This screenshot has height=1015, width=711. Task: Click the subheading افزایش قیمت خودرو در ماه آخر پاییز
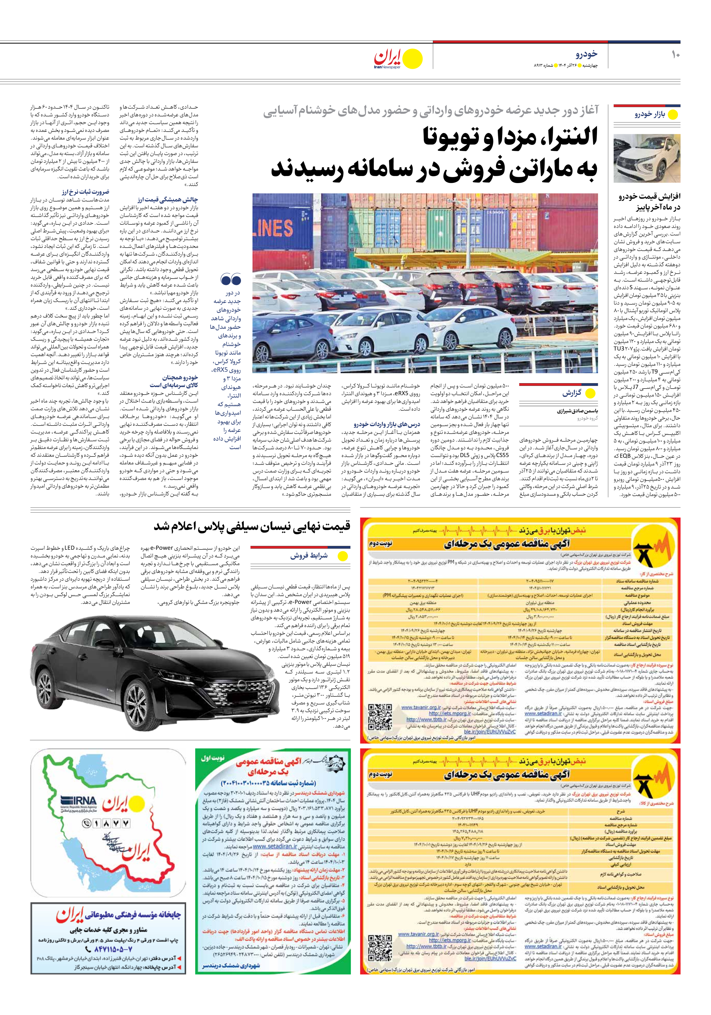(649, 202)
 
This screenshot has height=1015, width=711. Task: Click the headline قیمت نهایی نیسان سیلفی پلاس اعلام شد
(252, 526)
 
